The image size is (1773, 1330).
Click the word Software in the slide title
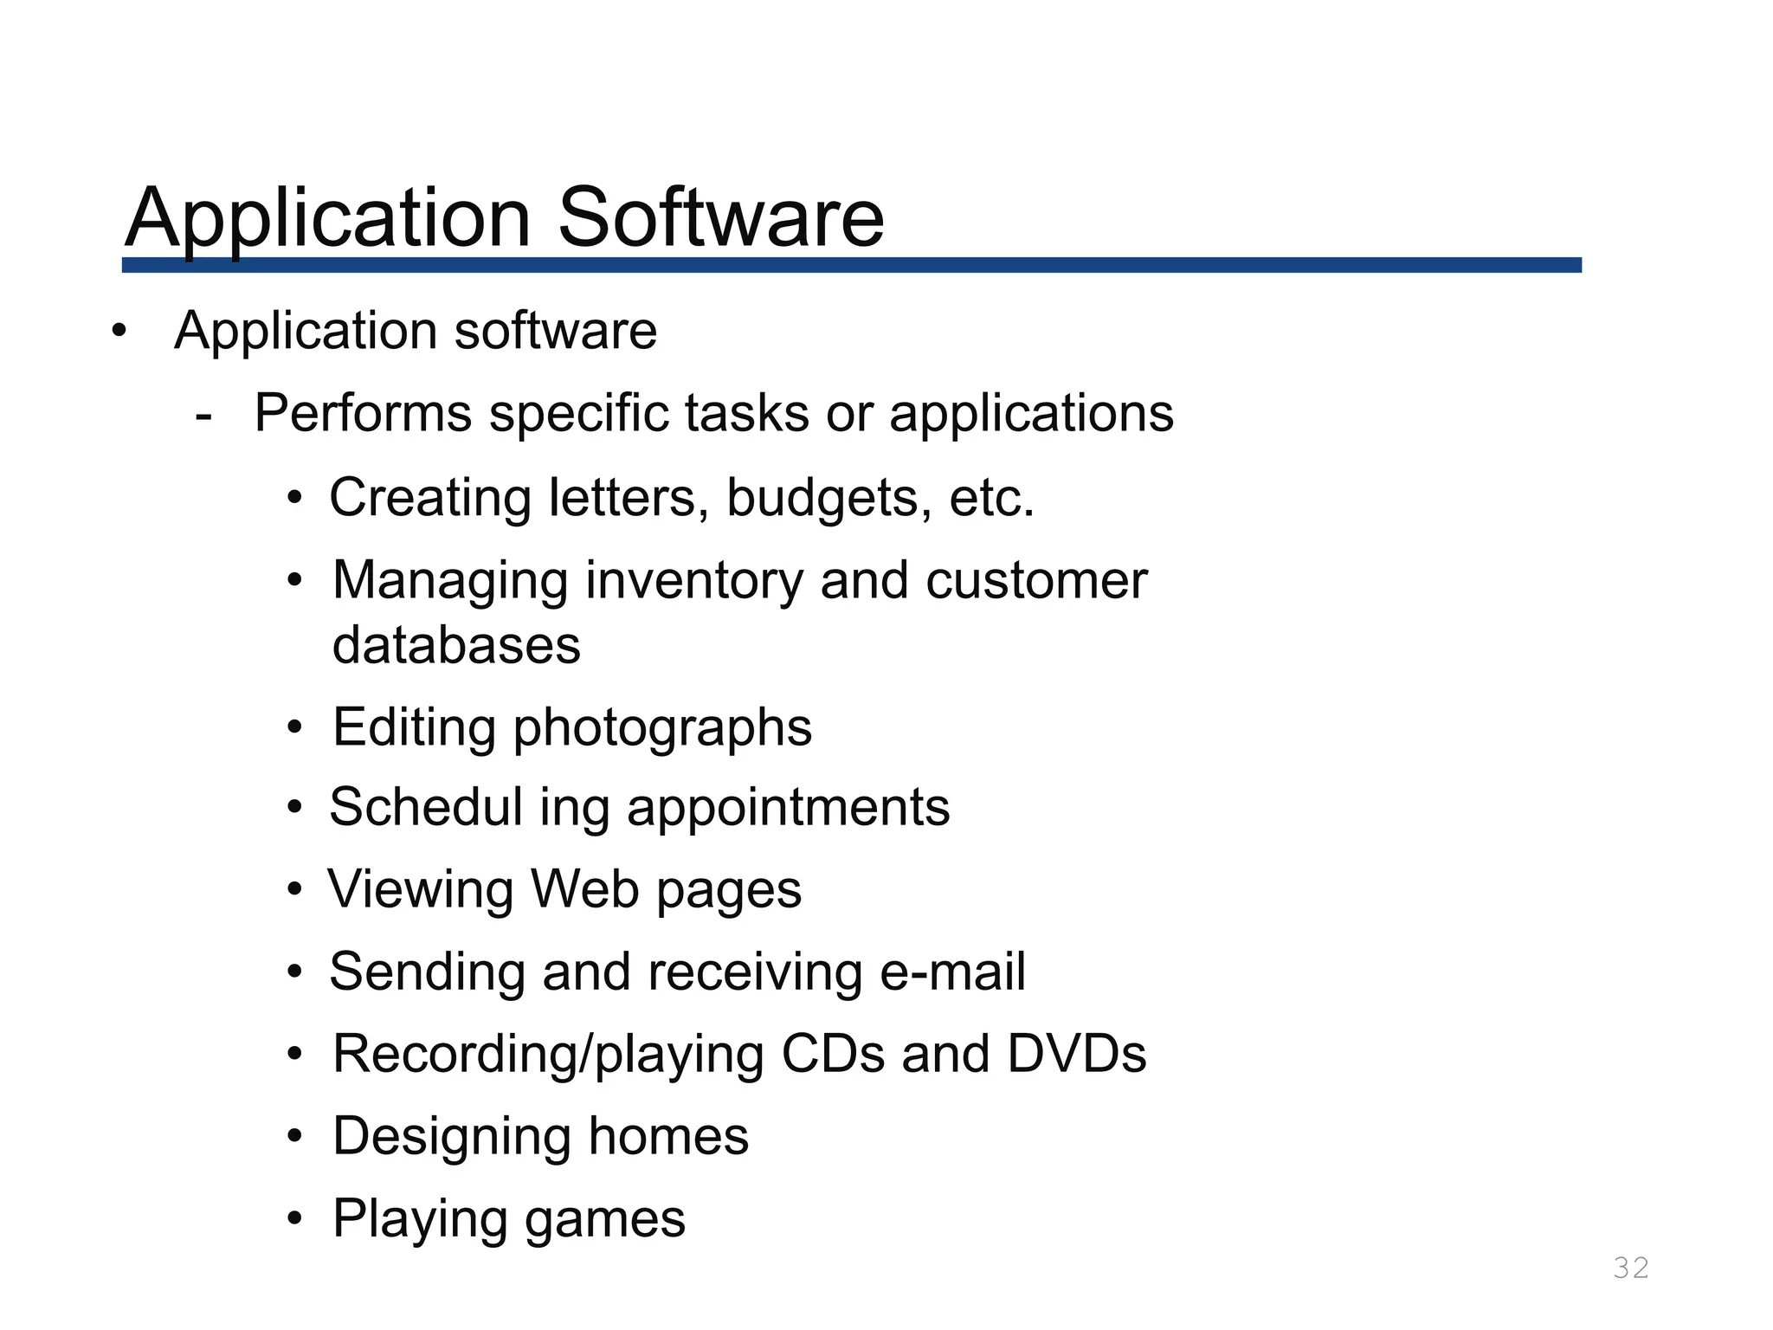coord(720,217)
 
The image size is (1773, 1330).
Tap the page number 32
coord(1631,1268)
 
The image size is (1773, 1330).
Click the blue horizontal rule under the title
coord(851,265)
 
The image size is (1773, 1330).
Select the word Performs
coord(363,413)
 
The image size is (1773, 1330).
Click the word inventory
coord(694,580)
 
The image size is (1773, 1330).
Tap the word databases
coord(456,646)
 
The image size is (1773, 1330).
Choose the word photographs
coord(662,727)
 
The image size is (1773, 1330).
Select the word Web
coord(584,889)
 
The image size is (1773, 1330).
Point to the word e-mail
coord(952,972)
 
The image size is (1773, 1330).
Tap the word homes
coord(668,1136)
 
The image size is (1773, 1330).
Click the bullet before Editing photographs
coord(295,727)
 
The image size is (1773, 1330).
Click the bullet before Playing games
coord(295,1219)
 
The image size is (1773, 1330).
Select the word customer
coord(1035,580)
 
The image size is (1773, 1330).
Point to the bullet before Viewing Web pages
coord(295,889)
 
